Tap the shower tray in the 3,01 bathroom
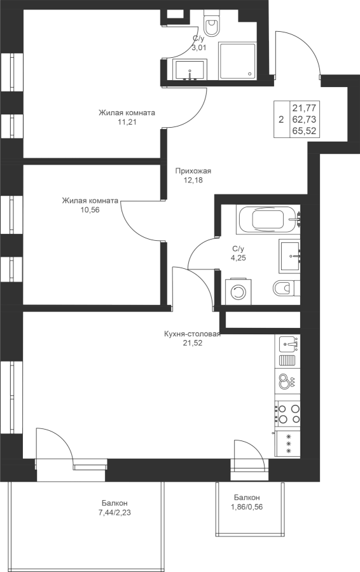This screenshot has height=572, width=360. [x=237, y=60]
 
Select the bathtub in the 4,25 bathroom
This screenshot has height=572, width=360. [x=268, y=220]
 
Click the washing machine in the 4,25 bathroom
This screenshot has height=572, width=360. [x=239, y=292]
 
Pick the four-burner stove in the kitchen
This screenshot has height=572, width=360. [x=287, y=414]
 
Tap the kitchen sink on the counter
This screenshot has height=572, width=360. [x=289, y=344]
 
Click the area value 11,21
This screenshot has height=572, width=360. [x=127, y=122]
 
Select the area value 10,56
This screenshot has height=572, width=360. [x=90, y=210]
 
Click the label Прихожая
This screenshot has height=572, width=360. [x=193, y=171]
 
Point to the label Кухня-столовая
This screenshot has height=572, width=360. [x=193, y=334]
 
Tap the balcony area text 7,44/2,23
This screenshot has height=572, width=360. [x=114, y=512]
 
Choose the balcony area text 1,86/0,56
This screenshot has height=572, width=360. [x=247, y=507]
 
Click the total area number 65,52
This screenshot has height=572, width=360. [x=304, y=131]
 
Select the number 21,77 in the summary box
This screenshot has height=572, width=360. [x=304, y=107]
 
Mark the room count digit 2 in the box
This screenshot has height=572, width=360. [x=280, y=119]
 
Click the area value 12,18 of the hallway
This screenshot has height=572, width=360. [x=193, y=180]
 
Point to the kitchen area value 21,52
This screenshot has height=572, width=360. [x=193, y=343]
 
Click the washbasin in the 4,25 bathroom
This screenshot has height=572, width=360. [x=289, y=256]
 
